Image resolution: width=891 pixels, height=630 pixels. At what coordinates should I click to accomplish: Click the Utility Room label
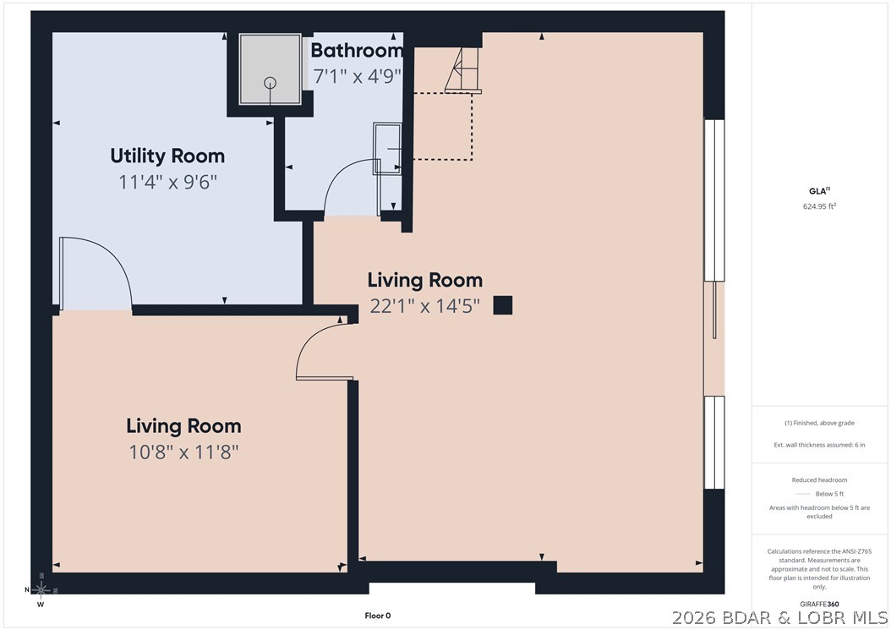click(x=167, y=156)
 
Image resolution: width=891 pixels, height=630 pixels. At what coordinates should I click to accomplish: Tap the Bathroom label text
click(x=357, y=50)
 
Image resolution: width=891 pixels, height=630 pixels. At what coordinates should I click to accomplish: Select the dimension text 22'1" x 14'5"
click(x=424, y=306)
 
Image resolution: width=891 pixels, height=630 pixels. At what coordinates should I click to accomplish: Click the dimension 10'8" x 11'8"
click(x=183, y=452)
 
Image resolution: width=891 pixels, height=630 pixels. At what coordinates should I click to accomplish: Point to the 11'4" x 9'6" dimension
click(x=167, y=182)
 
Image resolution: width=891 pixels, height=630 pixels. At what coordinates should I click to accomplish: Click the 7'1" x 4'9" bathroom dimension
click(x=358, y=75)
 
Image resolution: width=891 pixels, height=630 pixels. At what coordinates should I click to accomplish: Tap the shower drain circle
click(x=271, y=82)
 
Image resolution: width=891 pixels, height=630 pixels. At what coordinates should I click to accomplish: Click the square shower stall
click(x=270, y=69)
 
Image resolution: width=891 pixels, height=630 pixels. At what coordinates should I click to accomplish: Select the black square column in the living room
click(x=502, y=305)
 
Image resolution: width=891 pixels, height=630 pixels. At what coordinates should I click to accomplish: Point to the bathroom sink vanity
click(x=387, y=148)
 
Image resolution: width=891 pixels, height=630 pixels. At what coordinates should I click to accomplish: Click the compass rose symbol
click(x=41, y=589)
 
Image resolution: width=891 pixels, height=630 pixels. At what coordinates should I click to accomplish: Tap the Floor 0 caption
click(x=378, y=616)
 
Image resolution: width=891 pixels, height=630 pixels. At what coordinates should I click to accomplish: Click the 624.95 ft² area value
click(x=819, y=206)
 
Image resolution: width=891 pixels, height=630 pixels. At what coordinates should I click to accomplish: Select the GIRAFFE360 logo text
click(x=819, y=604)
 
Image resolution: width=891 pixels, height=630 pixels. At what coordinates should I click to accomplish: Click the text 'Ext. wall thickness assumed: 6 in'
click(x=819, y=445)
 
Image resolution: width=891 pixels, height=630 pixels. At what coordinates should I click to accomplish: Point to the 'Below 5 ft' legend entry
click(x=829, y=494)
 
